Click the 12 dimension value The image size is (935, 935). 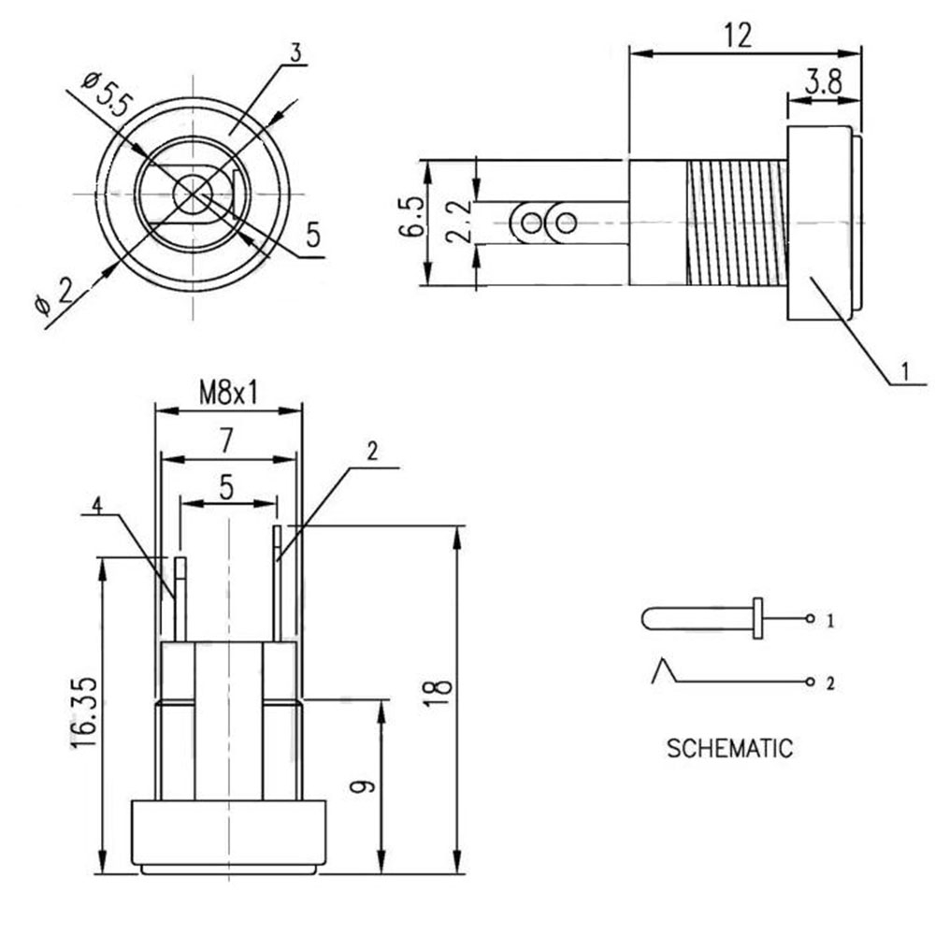[x=739, y=36]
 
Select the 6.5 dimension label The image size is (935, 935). [x=414, y=217]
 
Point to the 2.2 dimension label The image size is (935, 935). [x=459, y=222]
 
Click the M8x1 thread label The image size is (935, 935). [x=229, y=393]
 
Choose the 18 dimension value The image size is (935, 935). [x=439, y=692]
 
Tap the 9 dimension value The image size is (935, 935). [x=362, y=786]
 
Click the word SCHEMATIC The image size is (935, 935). [x=730, y=748]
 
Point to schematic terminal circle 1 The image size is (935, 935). [x=810, y=618]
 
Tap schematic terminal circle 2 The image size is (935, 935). [x=810, y=682]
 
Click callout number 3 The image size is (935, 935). [x=296, y=53]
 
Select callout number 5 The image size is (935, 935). [x=313, y=235]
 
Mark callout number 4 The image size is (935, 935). [x=96, y=506]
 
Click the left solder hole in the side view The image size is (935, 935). [x=530, y=223]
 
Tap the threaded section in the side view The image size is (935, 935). [x=737, y=223]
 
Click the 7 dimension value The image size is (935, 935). [x=226, y=441]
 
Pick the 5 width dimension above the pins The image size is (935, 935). [x=226, y=488]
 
